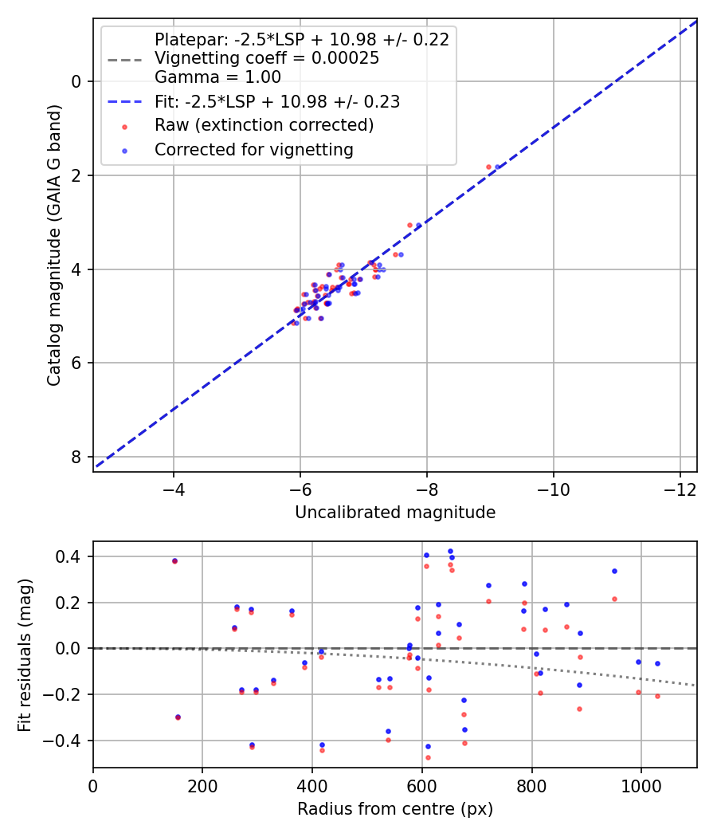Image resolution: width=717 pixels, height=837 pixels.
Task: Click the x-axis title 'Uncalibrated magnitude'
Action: click(395, 513)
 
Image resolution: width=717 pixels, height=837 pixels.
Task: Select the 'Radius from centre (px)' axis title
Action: click(395, 809)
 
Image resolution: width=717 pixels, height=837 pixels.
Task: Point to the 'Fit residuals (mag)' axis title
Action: click(26, 655)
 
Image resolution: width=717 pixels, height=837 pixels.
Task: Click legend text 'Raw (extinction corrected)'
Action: click(264, 125)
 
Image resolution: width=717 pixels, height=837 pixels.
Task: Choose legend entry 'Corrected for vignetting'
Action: click(253, 149)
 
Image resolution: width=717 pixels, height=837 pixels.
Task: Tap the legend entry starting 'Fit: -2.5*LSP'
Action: click(276, 102)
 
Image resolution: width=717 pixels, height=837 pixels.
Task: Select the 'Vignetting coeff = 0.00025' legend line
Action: click(266, 58)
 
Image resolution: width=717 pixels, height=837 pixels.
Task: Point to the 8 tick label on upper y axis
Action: click(77, 457)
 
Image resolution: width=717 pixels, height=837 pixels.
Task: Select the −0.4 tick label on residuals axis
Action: click(69, 741)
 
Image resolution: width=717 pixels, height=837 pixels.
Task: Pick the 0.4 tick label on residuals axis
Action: click(74, 556)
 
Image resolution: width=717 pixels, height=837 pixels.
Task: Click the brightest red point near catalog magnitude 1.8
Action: click(488, 167)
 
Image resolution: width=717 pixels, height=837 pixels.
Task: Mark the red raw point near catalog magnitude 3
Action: click(410, 226)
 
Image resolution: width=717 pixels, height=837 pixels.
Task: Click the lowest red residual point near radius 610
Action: click(428, 757)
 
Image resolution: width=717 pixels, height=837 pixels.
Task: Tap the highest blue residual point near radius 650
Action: click(450, 551)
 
